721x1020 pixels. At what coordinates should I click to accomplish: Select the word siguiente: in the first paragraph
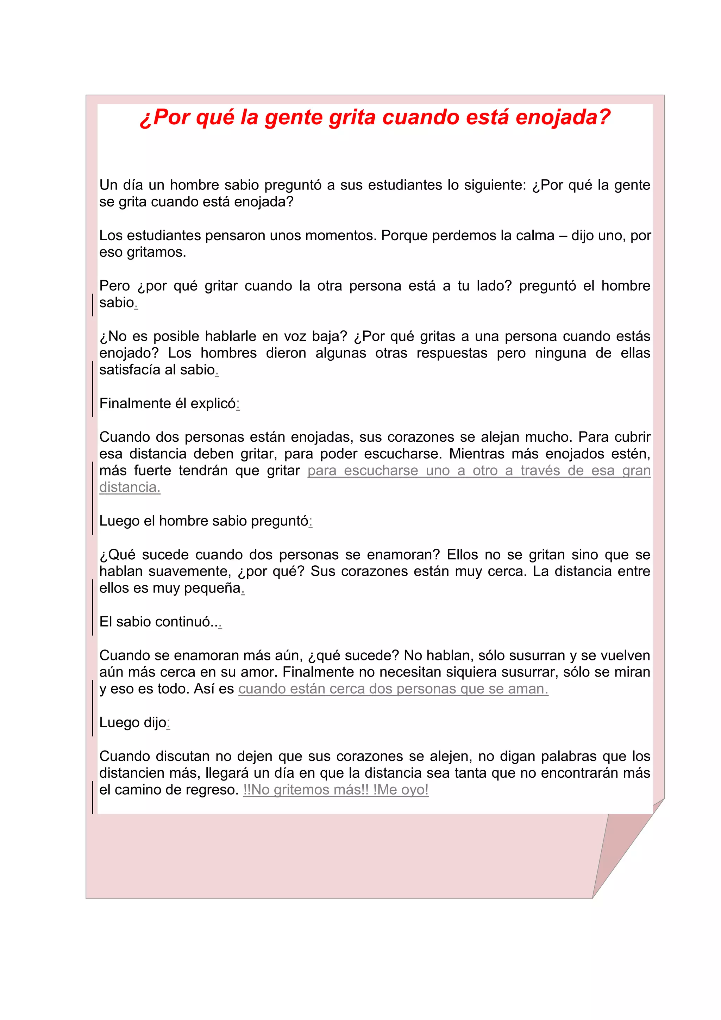click(x=495, y=185)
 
